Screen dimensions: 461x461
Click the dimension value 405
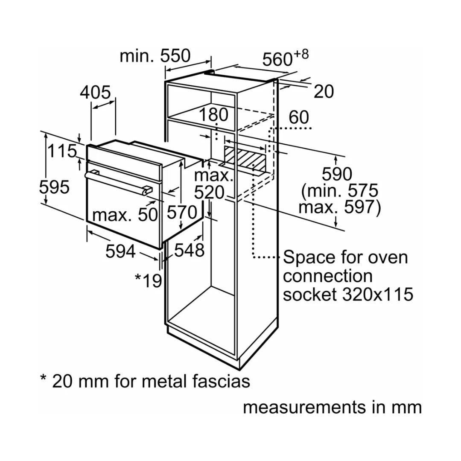tap(95, 92)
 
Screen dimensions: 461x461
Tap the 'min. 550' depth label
tap(155, 55)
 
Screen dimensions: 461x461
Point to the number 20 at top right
tap(324, 91)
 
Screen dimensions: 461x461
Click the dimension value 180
tap(213, 115)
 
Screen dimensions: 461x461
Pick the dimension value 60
tap(298, 117)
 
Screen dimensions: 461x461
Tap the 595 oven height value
tap(54, 187)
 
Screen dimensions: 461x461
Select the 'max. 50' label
tap(125, 215)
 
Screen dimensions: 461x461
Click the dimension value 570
tap(181, 212)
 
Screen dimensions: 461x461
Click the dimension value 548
tap(189, 251)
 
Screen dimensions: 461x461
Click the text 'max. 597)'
tap(339, 208)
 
